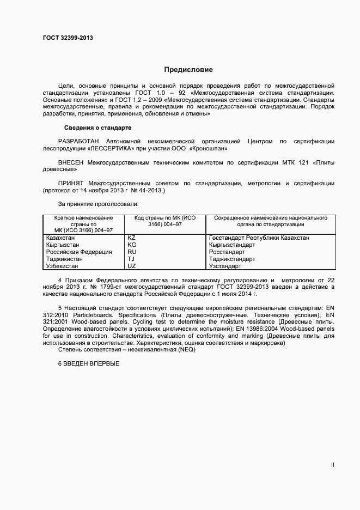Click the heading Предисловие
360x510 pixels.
click(x=188, y=70)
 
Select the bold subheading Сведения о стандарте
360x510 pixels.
click(x=98, y=128)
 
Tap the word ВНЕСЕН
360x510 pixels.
click(x=71, y=162)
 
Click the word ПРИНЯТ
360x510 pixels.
click(x=71, y=184)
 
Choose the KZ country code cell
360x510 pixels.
click(x=131, y=238)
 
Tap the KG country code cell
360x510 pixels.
click(x=131, y=245)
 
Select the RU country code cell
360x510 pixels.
click(x=131, y=252)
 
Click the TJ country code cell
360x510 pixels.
click(x=131, y=259)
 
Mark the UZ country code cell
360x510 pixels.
click(x=131, y=266)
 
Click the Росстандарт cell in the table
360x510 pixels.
click(x=227, y=252)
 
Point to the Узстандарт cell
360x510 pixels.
click(x=225, y=266)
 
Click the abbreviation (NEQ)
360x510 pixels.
click(x=184, y=350)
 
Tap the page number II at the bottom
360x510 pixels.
click(x=333, y=465)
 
